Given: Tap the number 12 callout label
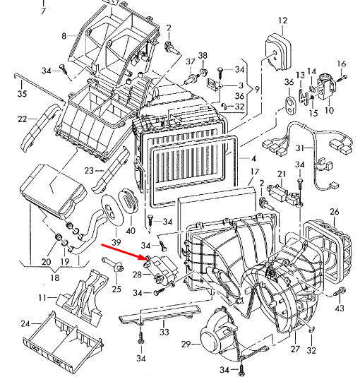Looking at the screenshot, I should pyautogui.click(x=282, y=20).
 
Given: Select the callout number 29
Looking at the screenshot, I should pyautogui.click(x=186, y=344).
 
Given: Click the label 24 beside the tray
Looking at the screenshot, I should pyautogui.click(x=25, y=324).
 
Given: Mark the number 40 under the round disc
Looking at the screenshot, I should pyautogui.click(x=130, y=231).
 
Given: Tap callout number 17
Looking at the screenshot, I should pyautogui.click(x=255, y=172).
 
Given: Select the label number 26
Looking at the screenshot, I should pyautogui.click(x=335, y=212).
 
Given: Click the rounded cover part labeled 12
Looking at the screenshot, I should pyautogui.click(x=277, y=50).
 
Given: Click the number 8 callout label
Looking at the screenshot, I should pyautogui.click(x=64, y=35).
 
